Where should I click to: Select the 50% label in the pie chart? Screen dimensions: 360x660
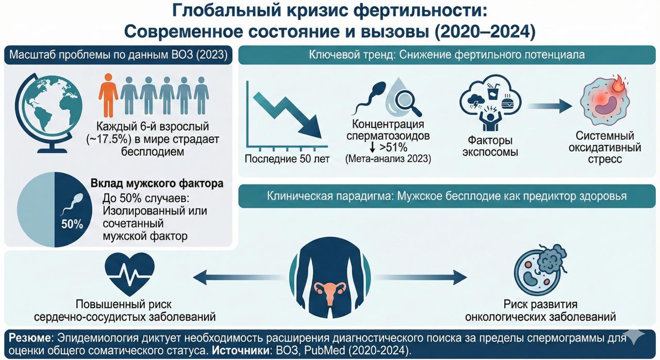pyautogui.click(x=72, y=224)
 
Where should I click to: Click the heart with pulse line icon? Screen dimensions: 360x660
pyautogui.click(x=129, y=271)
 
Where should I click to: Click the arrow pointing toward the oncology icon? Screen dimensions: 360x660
pyautogui.click(x=454, y=277)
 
